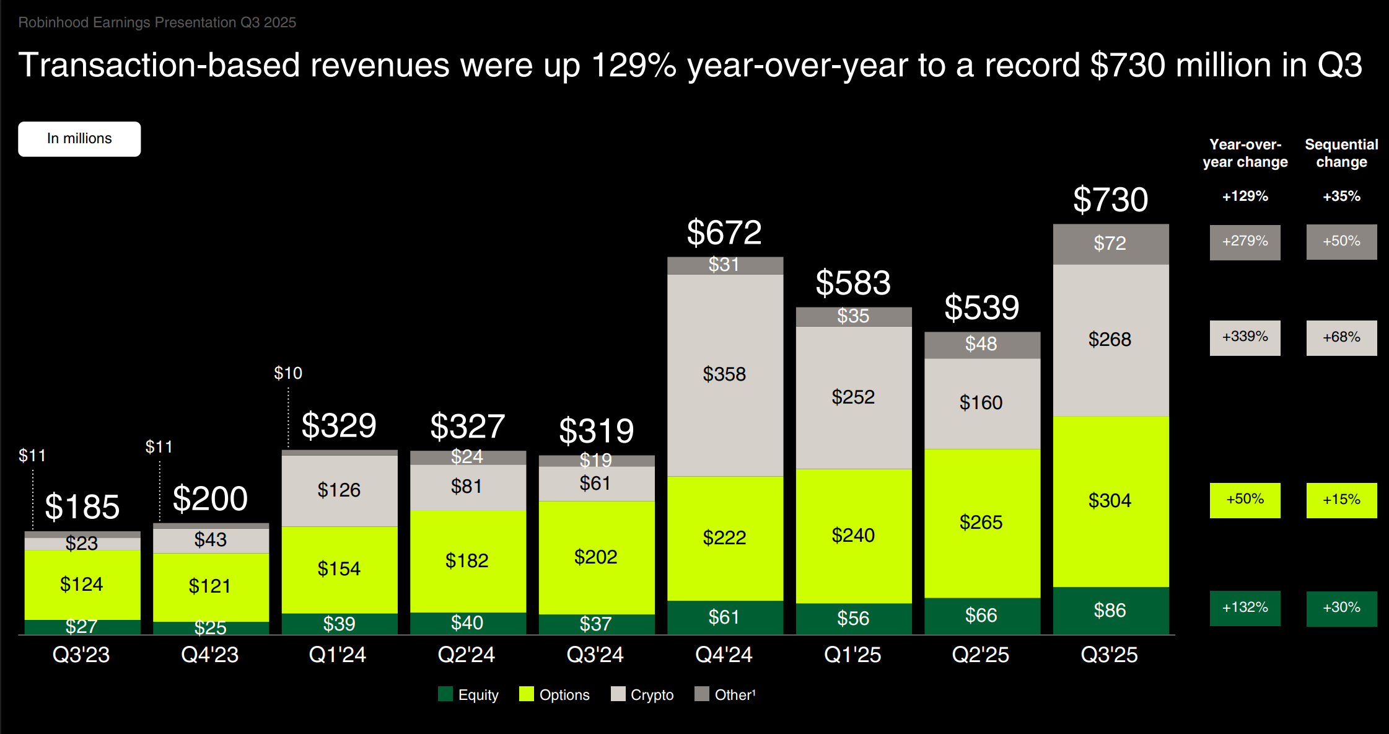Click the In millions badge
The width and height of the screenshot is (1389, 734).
(79, 139)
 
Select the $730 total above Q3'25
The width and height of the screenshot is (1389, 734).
(1110, 200)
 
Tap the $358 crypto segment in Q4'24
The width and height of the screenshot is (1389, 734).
(724, 374)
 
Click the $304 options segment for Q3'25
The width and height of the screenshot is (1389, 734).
(1110, 501)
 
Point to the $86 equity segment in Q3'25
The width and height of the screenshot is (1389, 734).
(1110, 611)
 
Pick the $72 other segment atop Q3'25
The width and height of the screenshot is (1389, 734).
(1110, 244)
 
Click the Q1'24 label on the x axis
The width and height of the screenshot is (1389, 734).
(338, 655)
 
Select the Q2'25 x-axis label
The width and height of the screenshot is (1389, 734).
(981, 655)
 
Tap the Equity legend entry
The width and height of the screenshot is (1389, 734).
(468, 695)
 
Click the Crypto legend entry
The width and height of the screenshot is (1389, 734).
(642, 695)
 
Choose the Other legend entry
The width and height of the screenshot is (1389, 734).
(725, 695)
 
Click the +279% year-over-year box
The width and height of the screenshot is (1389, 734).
(1245, 242)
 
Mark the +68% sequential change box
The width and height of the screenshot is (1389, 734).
(1341, 338)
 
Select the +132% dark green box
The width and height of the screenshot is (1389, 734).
(1245, 608)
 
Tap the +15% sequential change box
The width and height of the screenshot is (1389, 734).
(1341, 500)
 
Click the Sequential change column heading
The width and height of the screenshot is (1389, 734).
(1341, 153)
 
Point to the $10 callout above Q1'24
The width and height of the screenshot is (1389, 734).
(288, 373)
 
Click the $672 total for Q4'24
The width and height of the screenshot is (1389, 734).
(724, 233)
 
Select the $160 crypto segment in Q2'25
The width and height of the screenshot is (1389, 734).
(981, 403)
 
